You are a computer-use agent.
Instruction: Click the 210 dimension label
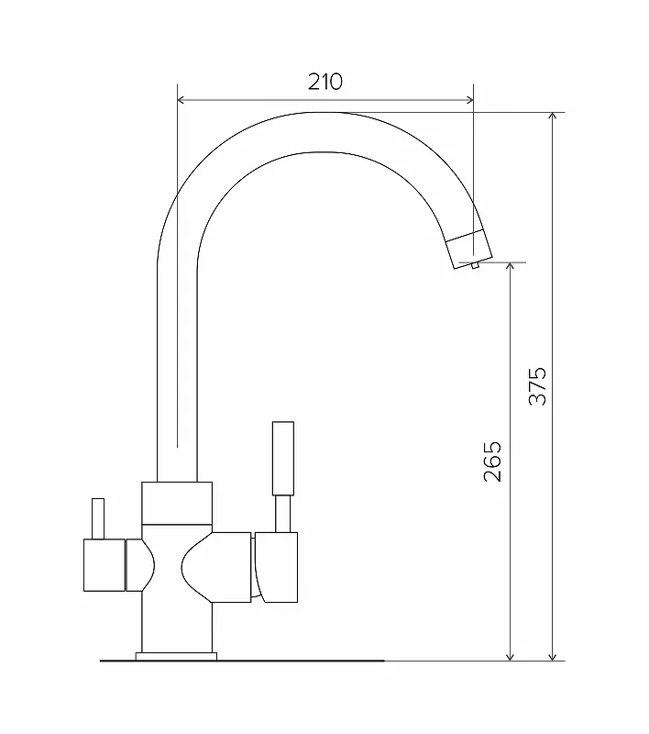tap(325, 82)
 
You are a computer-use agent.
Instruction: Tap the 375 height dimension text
tap(537, 386)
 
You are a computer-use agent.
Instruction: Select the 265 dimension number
tap(492, 462)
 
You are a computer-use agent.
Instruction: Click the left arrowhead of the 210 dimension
tap(181, 100)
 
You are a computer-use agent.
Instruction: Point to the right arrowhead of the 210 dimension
tap(469, 100)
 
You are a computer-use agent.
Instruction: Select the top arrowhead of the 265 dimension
tap(511, 267)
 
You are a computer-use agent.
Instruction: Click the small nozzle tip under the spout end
tap(475, 265)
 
